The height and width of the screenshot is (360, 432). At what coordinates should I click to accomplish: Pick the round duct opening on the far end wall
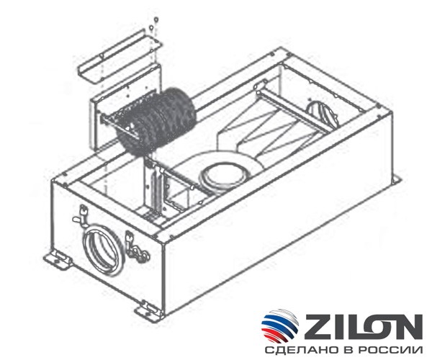coord(316,113)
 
